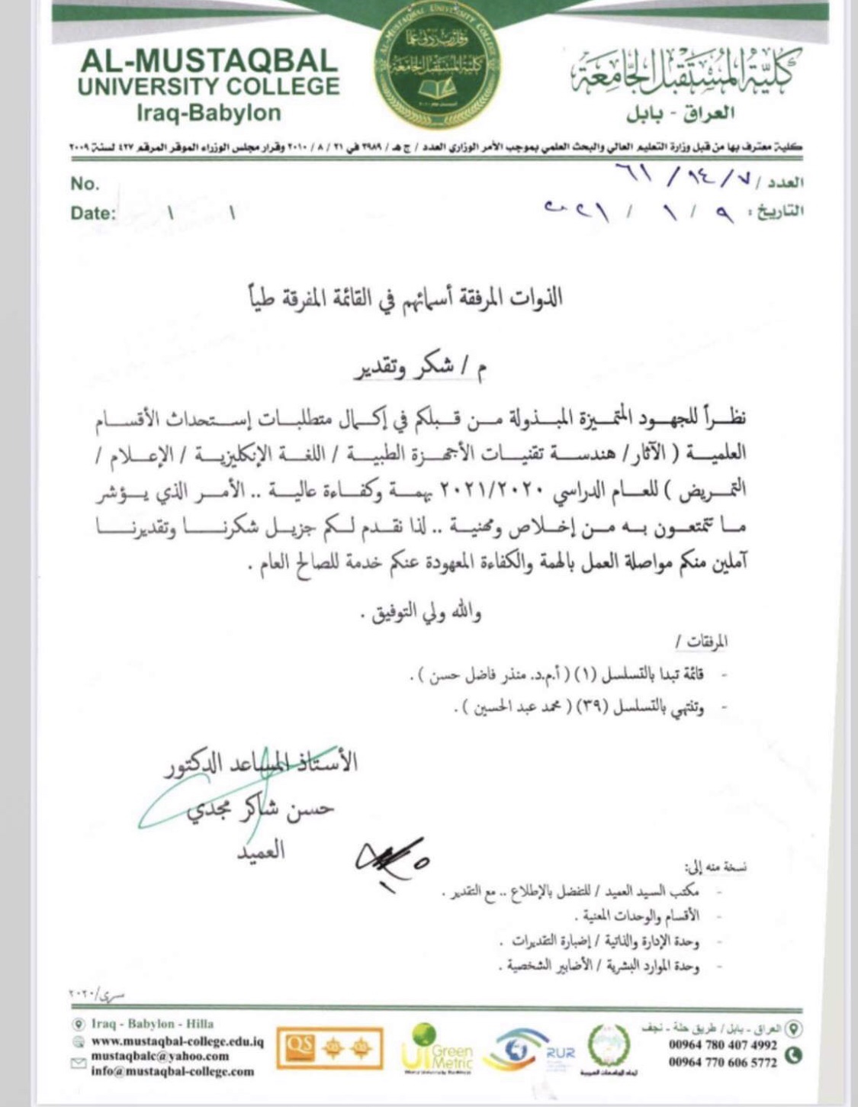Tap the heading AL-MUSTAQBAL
208,60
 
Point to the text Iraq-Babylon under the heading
208,113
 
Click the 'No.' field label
85,184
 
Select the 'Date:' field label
93,213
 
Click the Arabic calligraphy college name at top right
681,74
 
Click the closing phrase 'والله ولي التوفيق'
426,612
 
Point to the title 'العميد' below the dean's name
259,850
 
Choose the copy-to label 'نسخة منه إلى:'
715,867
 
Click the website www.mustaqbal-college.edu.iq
178,1041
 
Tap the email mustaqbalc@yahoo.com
160,1056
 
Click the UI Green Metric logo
437,1051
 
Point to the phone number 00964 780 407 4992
723,1045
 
